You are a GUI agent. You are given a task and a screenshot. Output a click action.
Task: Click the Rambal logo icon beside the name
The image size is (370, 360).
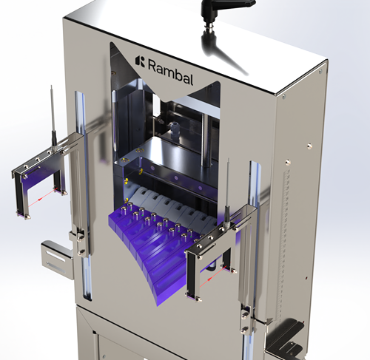point(140,61)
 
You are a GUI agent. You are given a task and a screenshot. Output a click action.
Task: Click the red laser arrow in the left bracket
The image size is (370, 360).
point(41,198)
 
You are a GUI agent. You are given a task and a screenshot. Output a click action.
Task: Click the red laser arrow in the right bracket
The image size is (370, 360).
point(212,276)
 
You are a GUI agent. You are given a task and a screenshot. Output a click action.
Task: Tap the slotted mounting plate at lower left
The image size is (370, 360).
point(57,260)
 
